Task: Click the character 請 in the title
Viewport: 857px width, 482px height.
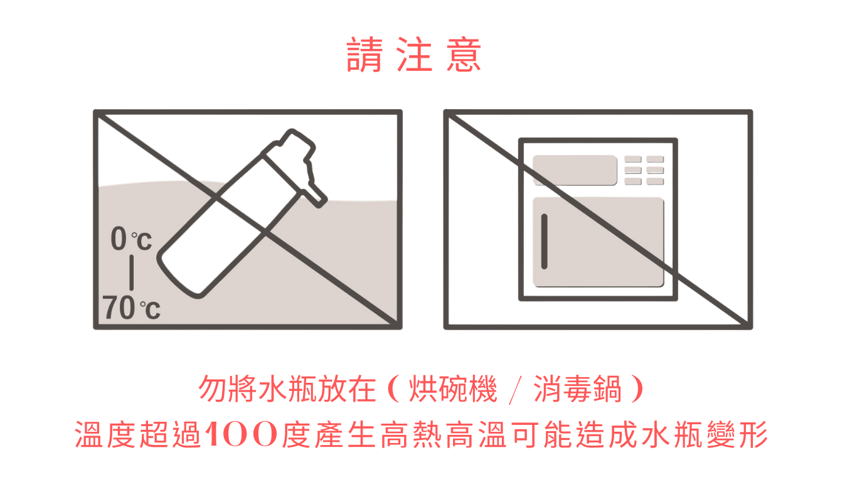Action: pyautogui.click(x=365, y=55)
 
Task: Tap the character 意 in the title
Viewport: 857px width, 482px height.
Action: pyautogui.click(x=464, y=55)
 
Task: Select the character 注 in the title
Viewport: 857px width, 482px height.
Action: pyautogui.click(x=414, y=55)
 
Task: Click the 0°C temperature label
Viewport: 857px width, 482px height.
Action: pyautogui.click(x=131, y=238)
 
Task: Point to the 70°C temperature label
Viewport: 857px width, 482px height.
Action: pyautogui.click(x=131, y=308)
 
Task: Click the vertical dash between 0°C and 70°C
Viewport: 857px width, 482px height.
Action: pyautogui.click(x=132, y=273)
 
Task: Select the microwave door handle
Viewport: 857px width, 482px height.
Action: pyautogui.click(x=544, y=242)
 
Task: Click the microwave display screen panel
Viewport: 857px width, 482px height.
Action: pyautogui.click(x=575, y=170)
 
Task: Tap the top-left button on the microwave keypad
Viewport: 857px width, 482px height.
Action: pyautogui.click(x=633, y=159)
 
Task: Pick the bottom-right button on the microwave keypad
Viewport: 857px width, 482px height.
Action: pyautogui.click(x=655, y=181)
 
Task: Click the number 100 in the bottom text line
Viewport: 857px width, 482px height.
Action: pyautogui.click(x=242, y=434)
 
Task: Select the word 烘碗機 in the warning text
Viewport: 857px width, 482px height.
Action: pyautogui.click(x=453, y=389)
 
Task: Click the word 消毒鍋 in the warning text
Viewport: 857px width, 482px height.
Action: pyautogui.click(x=577, y=389)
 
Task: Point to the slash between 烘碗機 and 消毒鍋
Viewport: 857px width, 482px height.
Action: pyautogui.click(x=515, y=390)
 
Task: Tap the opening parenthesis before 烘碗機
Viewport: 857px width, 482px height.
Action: pyautogui.click(x=394, y=389)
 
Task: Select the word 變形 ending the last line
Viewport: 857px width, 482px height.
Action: pyautogui.click(x=737, y=434)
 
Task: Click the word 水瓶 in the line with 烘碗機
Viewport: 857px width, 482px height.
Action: pyautogui.click(x=287, y=389)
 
